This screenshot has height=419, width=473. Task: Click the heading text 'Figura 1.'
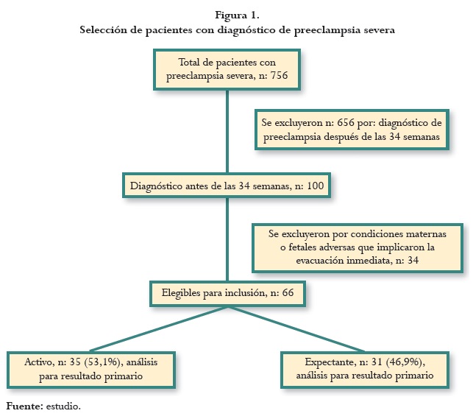(237, 15)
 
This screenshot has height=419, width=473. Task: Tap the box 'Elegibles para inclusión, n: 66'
(226, 293)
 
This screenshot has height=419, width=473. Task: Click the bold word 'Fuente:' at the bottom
(24, 406)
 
